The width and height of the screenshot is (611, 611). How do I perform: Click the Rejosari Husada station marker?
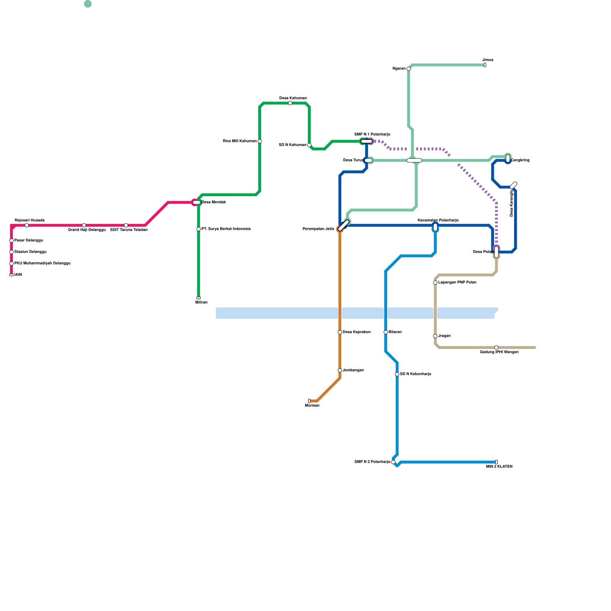click(x=27, y=225)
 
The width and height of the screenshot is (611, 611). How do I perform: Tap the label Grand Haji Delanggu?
click(x=87, y=230)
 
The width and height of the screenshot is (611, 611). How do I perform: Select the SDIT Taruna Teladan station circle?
click(x=126, y=225)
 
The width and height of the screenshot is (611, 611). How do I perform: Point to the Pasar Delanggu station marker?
click(x=11, y=241)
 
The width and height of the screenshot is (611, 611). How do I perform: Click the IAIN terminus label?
click(x=18, y=275)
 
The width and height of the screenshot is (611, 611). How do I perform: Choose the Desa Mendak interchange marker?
click(x=196, y=202)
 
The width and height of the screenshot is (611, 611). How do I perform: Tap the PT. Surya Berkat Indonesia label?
click(x=226, y=229)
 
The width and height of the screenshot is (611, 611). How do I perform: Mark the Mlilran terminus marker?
click(x=199, y=298)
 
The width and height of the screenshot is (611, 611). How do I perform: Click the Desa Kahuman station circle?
click(x=290, y=103)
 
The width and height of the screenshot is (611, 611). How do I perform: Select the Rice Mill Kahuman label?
click(x=240, y=141)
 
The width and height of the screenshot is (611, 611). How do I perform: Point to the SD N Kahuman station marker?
click(x=309, y=145)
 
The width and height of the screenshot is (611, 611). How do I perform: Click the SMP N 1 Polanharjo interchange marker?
click(x=367, y=141)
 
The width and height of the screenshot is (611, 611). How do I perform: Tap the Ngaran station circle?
click(x=409, y=69)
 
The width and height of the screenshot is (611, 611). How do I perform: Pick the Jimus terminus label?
click(x=488, y=60)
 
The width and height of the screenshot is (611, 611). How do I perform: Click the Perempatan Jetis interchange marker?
click(x=344, y=225)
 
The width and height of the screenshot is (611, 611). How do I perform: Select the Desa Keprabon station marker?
click(x=340, y=332)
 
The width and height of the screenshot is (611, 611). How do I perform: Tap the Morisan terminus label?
click(x=312, y=406)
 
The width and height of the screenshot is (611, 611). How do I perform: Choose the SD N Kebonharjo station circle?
click(x=397, y=374)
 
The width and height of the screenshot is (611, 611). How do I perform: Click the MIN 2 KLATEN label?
click(x=499, y=467)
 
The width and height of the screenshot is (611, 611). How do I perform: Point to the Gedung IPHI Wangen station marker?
click(x=496, y=348)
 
